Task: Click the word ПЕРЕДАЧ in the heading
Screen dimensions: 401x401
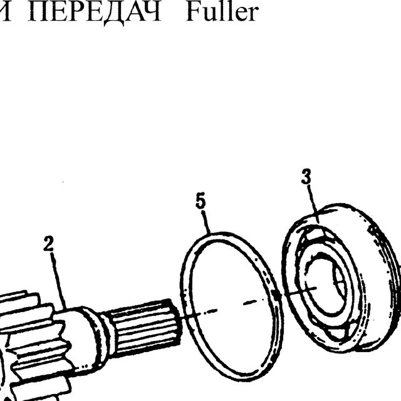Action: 94,13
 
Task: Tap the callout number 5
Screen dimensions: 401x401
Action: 200,201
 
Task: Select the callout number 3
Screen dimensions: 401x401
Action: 306,176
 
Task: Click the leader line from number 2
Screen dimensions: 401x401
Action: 58,281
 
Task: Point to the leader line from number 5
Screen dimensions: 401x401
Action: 206,222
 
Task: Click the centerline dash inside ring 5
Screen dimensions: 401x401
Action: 252,303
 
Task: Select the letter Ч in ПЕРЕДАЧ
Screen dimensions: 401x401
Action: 151,12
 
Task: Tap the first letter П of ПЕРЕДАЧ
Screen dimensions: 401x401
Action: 38,12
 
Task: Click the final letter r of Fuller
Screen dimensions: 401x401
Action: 253,16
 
